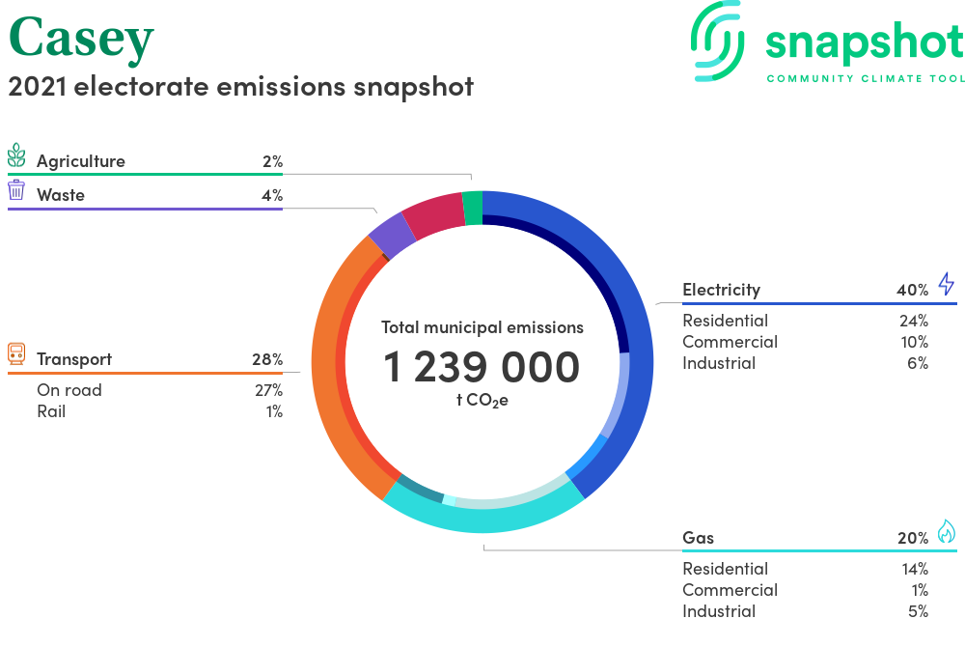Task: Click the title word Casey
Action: click(x=81, y=40)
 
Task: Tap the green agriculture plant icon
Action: click(x=16, y=155)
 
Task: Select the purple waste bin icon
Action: click(x=16, y=190)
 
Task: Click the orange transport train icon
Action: click(x=16, y=354)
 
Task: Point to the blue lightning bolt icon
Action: click(x=947, y=284)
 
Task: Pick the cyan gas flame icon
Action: click(x=947, y=531)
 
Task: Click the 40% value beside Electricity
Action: click(x=912, y=290)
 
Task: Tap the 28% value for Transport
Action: click(x=267, y=359)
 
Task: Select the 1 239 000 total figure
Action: click(x=482, y=367)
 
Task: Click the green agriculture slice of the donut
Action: click(x=473, y=208)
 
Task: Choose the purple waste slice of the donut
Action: click(x=392, y=237)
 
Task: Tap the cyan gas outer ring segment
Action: click(x=483, y=516)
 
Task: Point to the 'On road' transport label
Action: click(x=69, y=390)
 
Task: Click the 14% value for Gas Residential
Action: click(x=915, y=570)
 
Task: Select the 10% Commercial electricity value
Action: click(x=915, y=342)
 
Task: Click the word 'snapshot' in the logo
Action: click(x=864, y=43)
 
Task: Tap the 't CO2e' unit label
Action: click(x=482, y=401)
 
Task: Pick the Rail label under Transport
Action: click(x=51, y=411)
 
